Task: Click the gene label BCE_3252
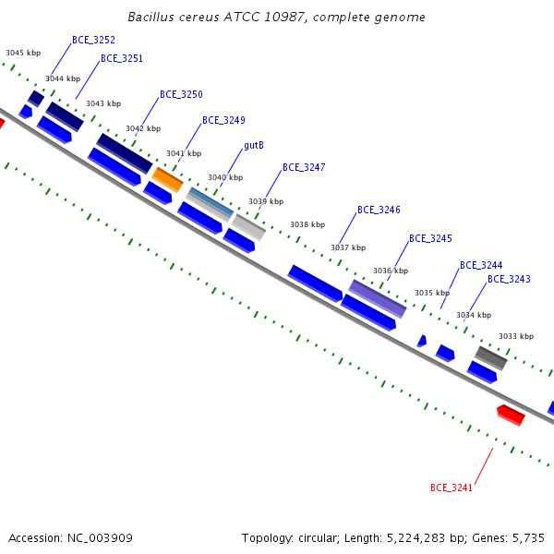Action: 93,40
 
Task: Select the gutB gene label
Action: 254,145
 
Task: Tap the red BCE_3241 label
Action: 452,488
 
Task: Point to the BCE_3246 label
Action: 379,210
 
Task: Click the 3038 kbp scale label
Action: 307,224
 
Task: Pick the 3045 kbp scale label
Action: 23,53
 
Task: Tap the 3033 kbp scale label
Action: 516,336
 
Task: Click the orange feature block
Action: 167,179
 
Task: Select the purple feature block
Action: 378,299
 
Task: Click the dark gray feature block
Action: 491,358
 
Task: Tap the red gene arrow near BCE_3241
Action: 511,415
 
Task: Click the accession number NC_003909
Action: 100,538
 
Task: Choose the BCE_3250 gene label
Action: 181,94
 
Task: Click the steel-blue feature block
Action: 211,202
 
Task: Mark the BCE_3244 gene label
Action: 481,265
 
